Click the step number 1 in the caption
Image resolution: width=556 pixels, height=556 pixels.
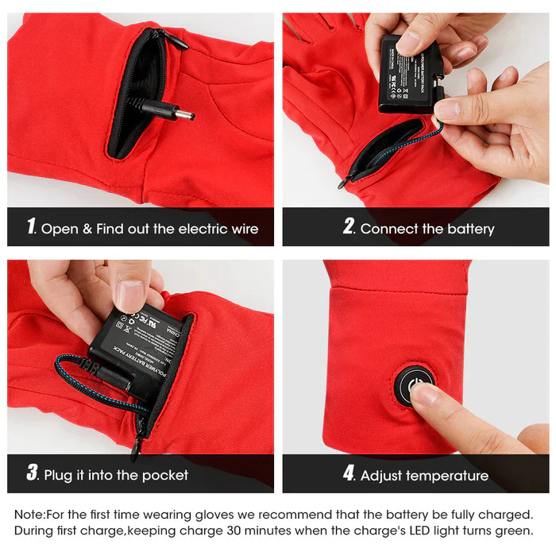tap(31, 227)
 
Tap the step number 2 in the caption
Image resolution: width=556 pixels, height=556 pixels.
tap(349, 227)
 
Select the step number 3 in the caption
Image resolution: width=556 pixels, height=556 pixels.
tap(32, 474)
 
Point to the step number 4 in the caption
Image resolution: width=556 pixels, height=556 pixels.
tap(349, 474)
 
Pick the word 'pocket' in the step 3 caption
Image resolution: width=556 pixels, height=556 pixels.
tap(162, 476)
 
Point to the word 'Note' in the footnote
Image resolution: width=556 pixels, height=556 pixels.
tap(29, 515)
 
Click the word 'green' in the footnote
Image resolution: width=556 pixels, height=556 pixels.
tap(510, 531)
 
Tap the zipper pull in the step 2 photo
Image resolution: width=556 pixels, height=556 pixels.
tap(344, 182)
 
